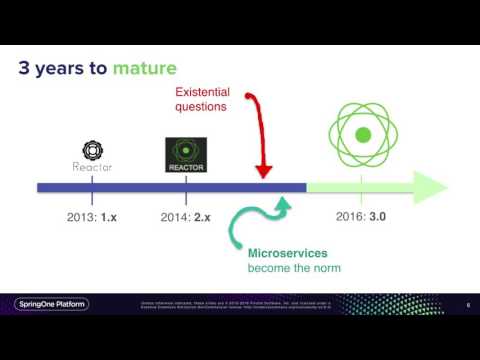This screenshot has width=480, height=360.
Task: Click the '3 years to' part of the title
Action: (x=64, y=68)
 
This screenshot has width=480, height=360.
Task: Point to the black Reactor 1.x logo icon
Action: (x=92, y=150)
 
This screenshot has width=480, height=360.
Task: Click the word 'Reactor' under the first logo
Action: (x=92, y=167)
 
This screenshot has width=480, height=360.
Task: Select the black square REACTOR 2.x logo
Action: (x=186, y=155)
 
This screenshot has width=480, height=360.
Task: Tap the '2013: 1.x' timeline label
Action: (x=91, y=216)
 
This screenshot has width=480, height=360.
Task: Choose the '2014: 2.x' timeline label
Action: (x=187, y=216)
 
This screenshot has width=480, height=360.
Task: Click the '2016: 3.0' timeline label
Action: (x=361, y=215)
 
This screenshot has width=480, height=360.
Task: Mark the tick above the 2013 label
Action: (x=92, y=187)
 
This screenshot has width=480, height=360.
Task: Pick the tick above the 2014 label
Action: (x=186, y=187)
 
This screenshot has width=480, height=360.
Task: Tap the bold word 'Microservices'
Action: (x=287, y=253)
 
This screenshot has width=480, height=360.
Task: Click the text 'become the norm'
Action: (x=294, y=268)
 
